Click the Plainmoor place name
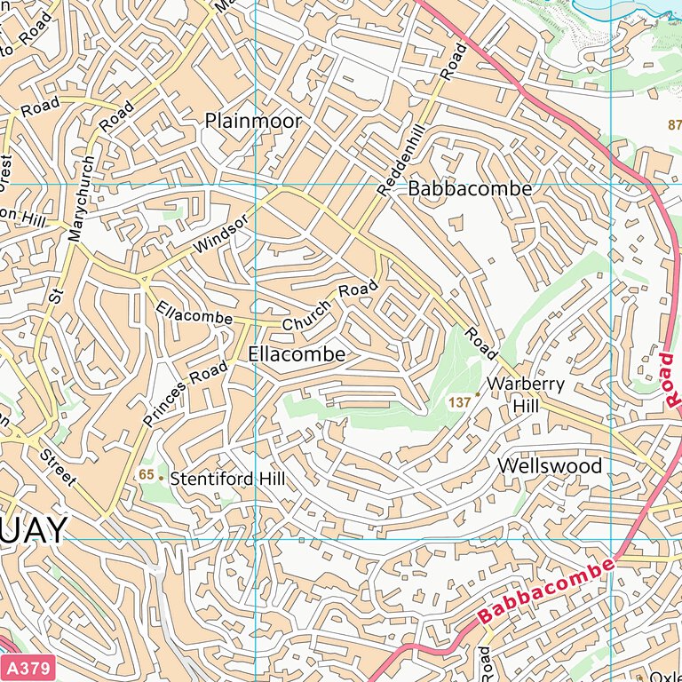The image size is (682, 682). pyautogui.click(x=253, y=121)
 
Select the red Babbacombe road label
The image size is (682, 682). pyautogui.click(x=546, y=591)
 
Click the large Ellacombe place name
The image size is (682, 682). pyautogui.click(x=297, y=353)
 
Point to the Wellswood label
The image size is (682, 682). pyautogui.click(x=550, y=466)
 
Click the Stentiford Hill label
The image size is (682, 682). pyautogui.click(x=228, y=479)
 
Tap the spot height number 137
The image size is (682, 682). pyautogui.click(x=459, y=402)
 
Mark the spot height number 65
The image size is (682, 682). pyautogui.click(x=147, y=475)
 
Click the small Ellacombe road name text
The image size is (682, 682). pyautogui.click(x=193, y=313)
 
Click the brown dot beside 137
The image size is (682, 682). pyautogui.click(x=478, y=393)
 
